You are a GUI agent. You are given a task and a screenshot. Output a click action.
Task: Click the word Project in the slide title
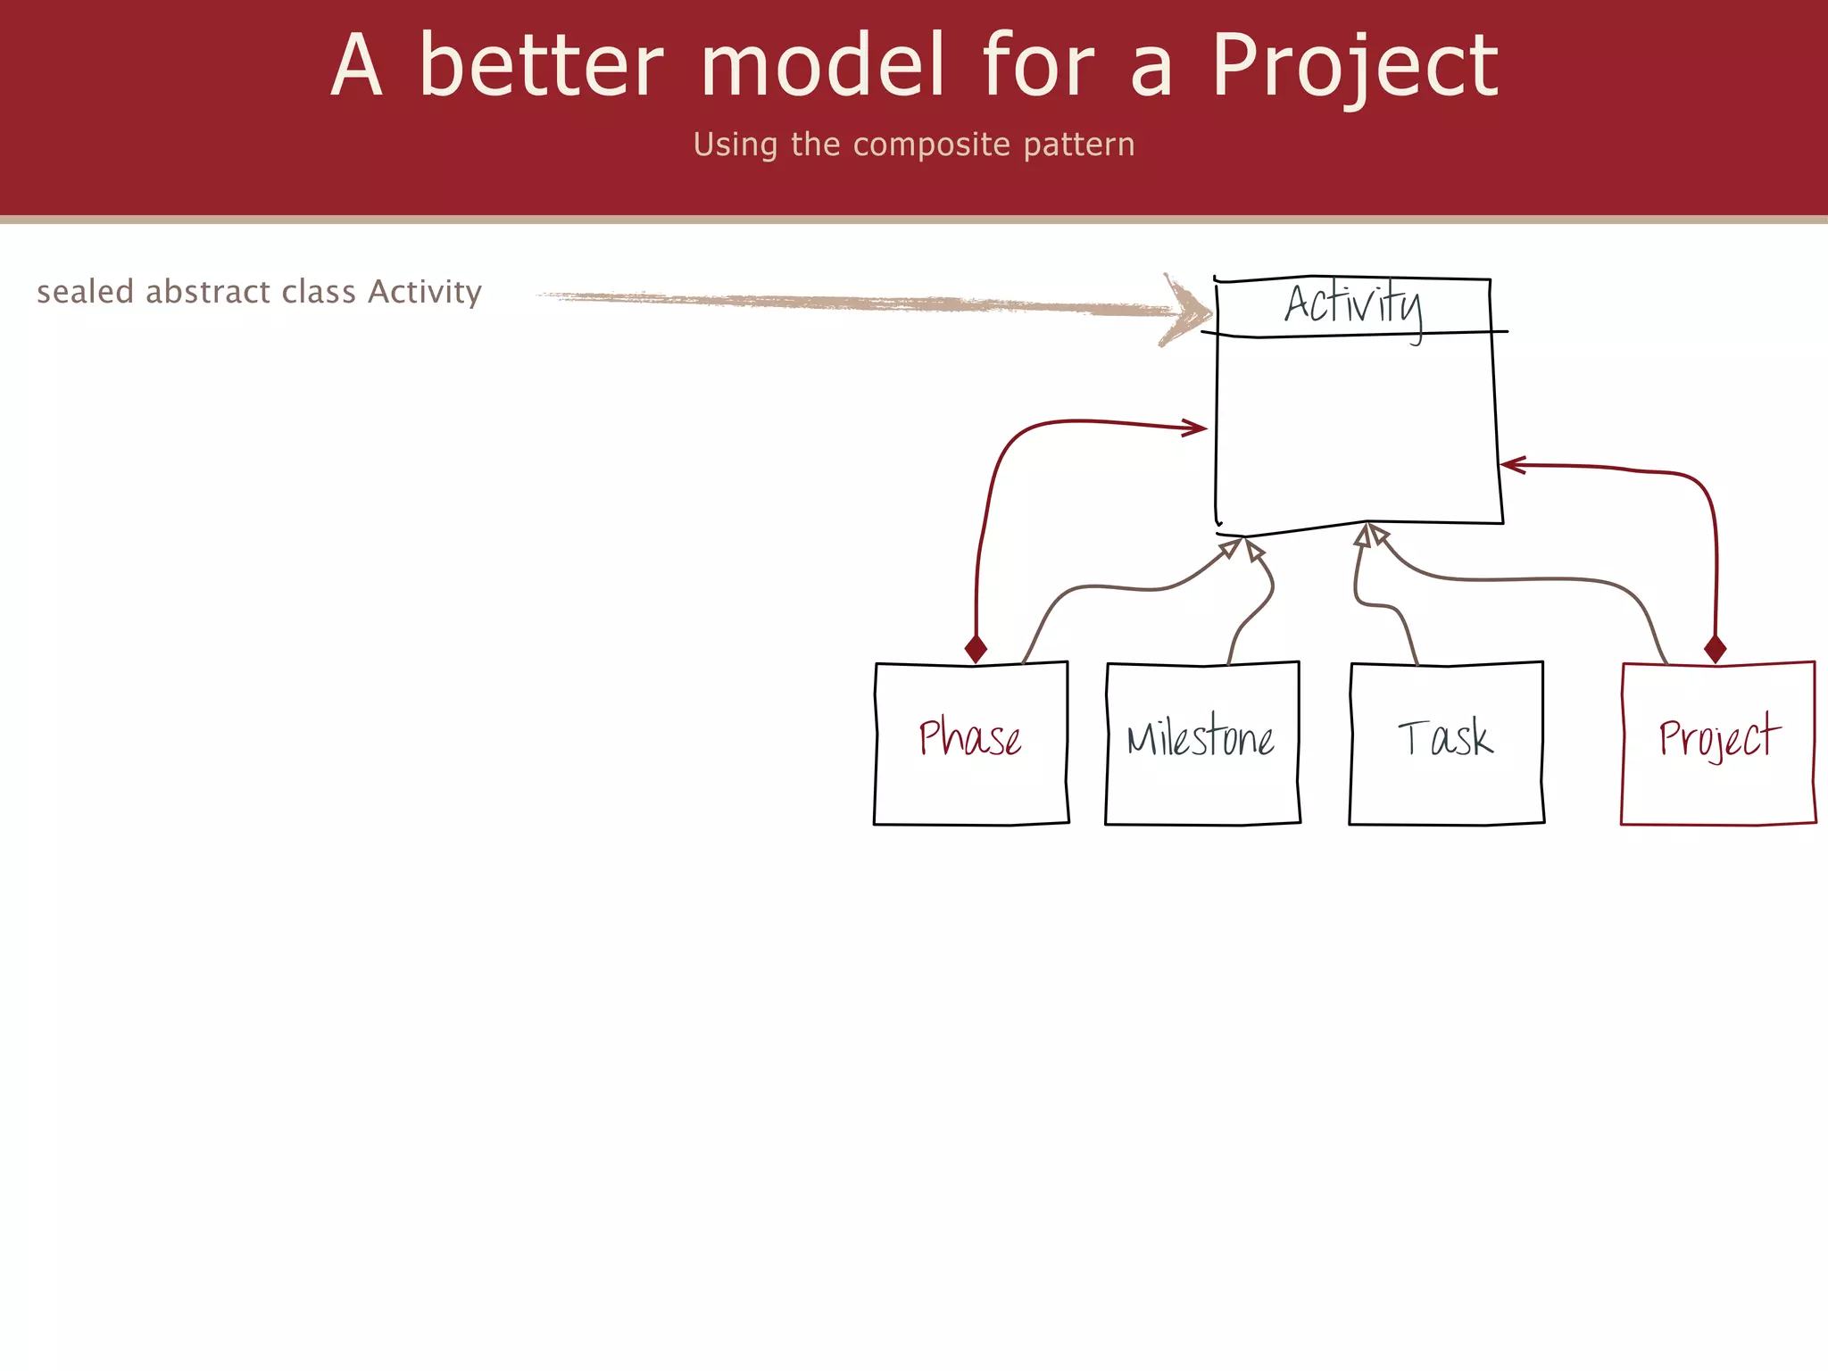pos(1354,66)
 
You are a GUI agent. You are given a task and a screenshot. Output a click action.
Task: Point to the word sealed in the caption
pos(85,292)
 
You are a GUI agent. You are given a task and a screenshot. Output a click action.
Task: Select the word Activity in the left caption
pos(425,293)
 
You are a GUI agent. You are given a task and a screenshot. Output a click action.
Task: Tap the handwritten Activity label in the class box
pos(1352,305)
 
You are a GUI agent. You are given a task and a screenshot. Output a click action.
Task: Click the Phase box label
pos(970,738)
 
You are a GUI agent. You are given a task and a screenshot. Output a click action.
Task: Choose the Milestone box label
pos(1201,739)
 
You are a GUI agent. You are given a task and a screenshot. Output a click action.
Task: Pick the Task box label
pos(1444,739)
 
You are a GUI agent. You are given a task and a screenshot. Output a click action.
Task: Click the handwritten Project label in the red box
pos(1718,738)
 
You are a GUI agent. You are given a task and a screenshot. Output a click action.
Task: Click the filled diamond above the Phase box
pos(976,649)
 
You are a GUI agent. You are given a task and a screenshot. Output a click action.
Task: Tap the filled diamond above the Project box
pos(1715,649)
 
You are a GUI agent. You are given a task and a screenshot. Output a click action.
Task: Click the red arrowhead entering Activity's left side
pos(1196,428)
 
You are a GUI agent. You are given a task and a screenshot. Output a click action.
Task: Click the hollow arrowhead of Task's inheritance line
pos(1363,536)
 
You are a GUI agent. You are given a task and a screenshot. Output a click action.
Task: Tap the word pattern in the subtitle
pos(1078,145)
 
